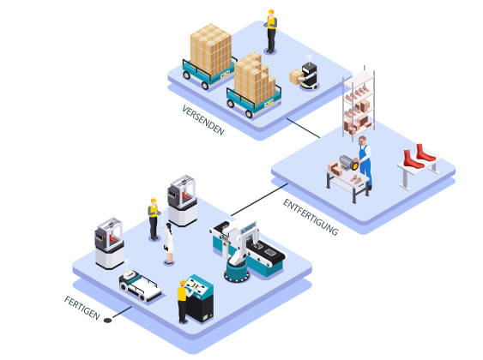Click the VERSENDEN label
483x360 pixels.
click(203, 120)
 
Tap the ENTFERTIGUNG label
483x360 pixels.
click(311, 217)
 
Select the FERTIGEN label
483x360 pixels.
click(82, 308)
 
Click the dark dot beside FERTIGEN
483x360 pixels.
click(107, 321)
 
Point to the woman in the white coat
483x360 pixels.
click(168, 243)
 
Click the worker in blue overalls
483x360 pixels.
click(365, 162)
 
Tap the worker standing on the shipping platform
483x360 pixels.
click(271, 32)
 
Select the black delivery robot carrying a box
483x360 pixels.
click(309, 75)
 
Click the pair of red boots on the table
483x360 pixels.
click(420, 156)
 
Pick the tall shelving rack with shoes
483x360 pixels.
click(359, 104)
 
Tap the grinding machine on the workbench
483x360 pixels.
click(349, 162)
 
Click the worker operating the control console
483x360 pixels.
click(184, 301)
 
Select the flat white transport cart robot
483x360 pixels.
click(140, 285)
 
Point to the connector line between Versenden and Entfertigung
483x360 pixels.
click(304, 128)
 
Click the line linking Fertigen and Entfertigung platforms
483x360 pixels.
click(259, 200)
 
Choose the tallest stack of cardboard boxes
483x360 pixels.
click(211, 50)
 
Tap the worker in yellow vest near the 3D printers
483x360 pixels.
click(154, 219)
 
